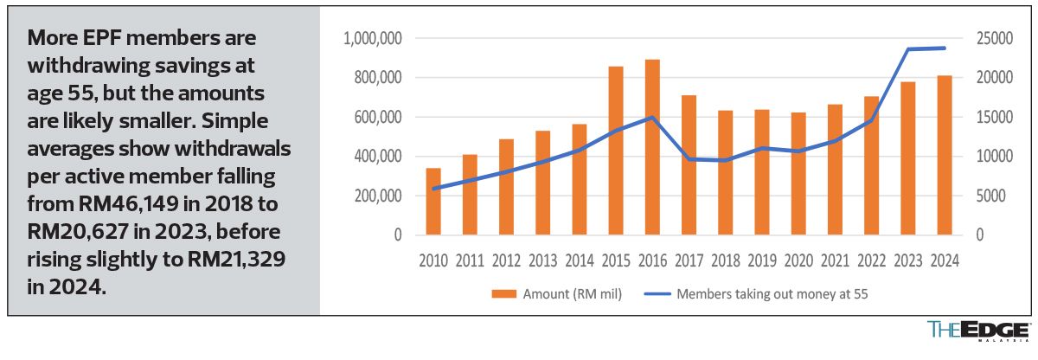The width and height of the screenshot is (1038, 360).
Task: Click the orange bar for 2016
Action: (652, 147)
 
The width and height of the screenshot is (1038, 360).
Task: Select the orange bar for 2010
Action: (433, 202)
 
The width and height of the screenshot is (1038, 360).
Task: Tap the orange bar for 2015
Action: (616, 151)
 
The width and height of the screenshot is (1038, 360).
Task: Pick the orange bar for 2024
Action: (945, 155)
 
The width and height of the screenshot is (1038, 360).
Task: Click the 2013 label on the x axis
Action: (543, 260)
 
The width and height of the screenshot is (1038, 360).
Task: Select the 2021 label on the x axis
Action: (835, 260)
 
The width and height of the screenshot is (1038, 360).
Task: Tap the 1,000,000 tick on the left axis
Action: (372, 39)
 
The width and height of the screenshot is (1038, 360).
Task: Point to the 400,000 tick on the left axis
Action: (377, 157)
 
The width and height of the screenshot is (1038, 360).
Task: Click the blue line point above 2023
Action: (908, 49)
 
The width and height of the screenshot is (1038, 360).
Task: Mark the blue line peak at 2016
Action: (652, 118)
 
